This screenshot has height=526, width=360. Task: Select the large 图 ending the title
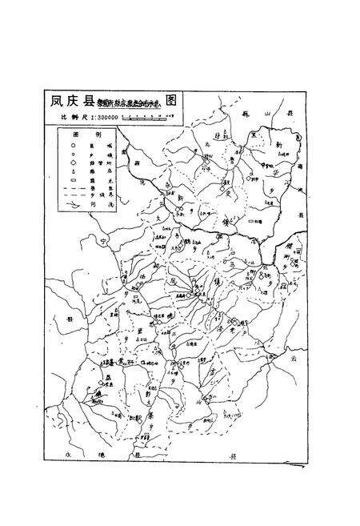tap(171, 102)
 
